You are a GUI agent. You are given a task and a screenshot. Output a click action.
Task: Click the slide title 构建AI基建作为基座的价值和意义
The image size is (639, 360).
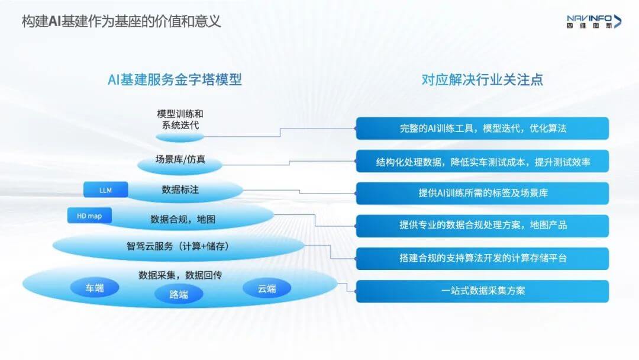(x=121, y=22)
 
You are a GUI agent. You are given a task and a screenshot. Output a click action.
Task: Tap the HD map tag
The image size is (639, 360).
(x=89, y=216)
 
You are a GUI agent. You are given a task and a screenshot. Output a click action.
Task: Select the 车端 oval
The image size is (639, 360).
(x=95, y=288)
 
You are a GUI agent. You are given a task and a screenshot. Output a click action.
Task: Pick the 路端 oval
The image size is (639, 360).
(x=179, y=294)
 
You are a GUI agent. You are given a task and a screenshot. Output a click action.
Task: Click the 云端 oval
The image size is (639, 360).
(x=267, y=288)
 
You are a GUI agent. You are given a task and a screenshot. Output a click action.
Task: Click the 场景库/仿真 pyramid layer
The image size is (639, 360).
(x=180, y=160)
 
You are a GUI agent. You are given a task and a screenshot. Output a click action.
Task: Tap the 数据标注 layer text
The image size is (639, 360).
(x=180, y=190)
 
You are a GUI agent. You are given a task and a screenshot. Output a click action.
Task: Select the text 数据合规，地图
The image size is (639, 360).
(x=183, y=220)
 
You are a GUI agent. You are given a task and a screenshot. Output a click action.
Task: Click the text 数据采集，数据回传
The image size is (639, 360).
(x=180, y=275)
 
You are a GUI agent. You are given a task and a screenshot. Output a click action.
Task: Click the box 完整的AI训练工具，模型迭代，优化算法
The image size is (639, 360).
(x=482, y=128)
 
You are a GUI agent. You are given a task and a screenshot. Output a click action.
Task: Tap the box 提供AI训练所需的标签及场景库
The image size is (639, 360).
(x=482, y=193)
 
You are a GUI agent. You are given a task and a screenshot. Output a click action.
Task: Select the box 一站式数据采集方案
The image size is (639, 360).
(x=482, y=291)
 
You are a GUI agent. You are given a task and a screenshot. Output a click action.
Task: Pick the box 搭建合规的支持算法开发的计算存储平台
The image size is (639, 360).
(x=482, y=258)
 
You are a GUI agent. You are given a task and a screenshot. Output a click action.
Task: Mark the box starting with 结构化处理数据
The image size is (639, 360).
(x=482, y=161)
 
